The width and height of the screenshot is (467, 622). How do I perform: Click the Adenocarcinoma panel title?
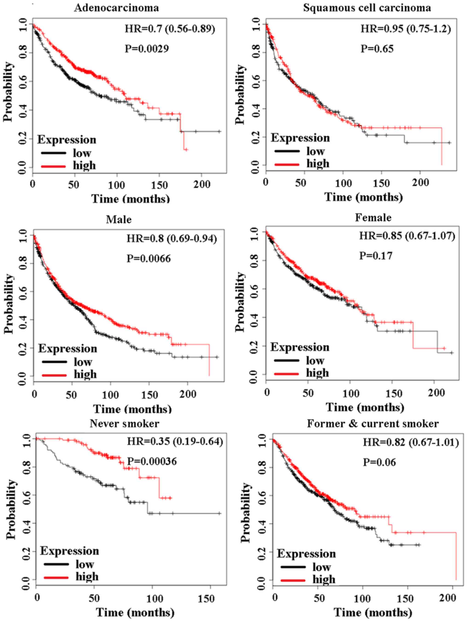click(x=116, y=8)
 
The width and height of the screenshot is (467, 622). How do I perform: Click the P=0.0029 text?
click(x=147, y=49)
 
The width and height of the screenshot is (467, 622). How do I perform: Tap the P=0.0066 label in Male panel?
click(x=149, y=258)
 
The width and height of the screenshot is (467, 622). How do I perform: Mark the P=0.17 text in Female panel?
click(x=376, y=256)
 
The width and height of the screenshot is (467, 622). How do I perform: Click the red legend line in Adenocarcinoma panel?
click(x=53, y=166)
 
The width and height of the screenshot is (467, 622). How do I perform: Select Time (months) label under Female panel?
click(x=365, y=407)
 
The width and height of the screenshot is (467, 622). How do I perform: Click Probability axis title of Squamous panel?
click(x=240, y=94)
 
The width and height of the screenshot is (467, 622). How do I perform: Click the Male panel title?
click(x=119, y=219)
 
